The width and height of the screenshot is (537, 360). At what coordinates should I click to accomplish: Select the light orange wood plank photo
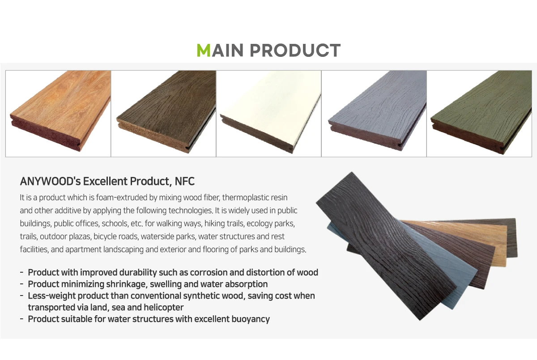(x=58, y=113)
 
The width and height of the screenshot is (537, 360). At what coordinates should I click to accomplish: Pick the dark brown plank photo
(x=163, y=113)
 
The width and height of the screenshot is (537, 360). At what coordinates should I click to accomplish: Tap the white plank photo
(x=268, y=113)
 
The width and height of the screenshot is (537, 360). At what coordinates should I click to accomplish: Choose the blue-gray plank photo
(x=374, y=113)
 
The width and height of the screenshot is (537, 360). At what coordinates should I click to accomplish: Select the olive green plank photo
(x=479, y=113)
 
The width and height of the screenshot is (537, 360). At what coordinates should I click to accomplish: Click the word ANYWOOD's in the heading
(x=46, y=181)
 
